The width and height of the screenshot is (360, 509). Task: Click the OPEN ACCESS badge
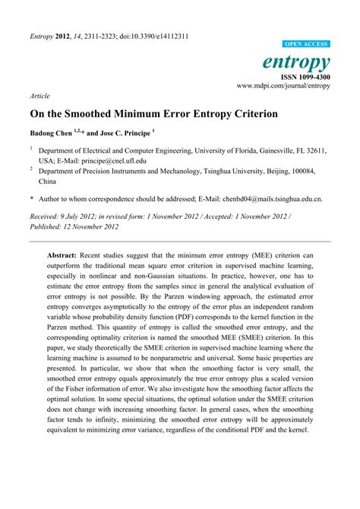click(x=306, y=45)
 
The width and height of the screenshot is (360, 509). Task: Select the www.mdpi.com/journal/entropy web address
click(x=283, y=87)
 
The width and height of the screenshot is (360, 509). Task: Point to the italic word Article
click(x=39, y=97)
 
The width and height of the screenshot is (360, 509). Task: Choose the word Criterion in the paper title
click(x=249, y=114)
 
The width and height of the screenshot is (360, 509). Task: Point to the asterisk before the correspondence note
click(x=32, y=200)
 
